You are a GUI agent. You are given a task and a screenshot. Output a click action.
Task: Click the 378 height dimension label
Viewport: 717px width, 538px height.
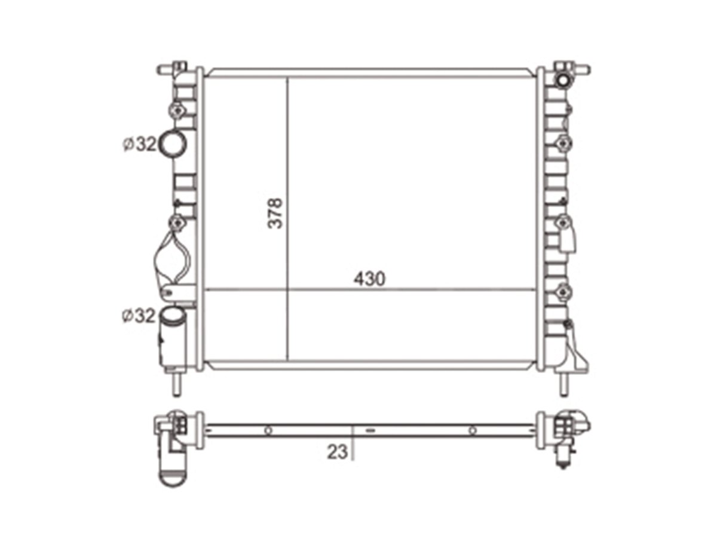coord(274,213)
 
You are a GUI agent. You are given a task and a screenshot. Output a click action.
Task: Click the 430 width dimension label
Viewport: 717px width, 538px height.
coord(369,279)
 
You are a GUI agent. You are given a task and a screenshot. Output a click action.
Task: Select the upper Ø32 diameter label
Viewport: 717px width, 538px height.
coord(139,144)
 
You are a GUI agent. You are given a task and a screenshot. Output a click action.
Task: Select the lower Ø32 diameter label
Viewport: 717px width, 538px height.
coord(139,316)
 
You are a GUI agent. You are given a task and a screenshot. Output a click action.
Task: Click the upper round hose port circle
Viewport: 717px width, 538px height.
coord(173,143)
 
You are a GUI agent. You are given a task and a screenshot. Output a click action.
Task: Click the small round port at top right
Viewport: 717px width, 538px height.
coord(563,80)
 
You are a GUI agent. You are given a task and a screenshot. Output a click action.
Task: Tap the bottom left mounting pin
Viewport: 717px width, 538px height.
coord(176,384)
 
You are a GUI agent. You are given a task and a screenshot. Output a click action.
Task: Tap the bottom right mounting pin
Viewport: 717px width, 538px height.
coord(563,384)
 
